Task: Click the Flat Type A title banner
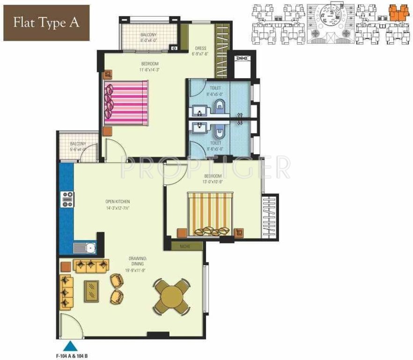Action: [45, 22]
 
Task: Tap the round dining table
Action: [171, 297]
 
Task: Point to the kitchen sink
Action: [85, 247]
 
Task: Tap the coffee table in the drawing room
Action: [91, 290]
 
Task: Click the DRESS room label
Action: [200, 48]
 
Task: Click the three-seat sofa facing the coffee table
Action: [91, 266]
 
